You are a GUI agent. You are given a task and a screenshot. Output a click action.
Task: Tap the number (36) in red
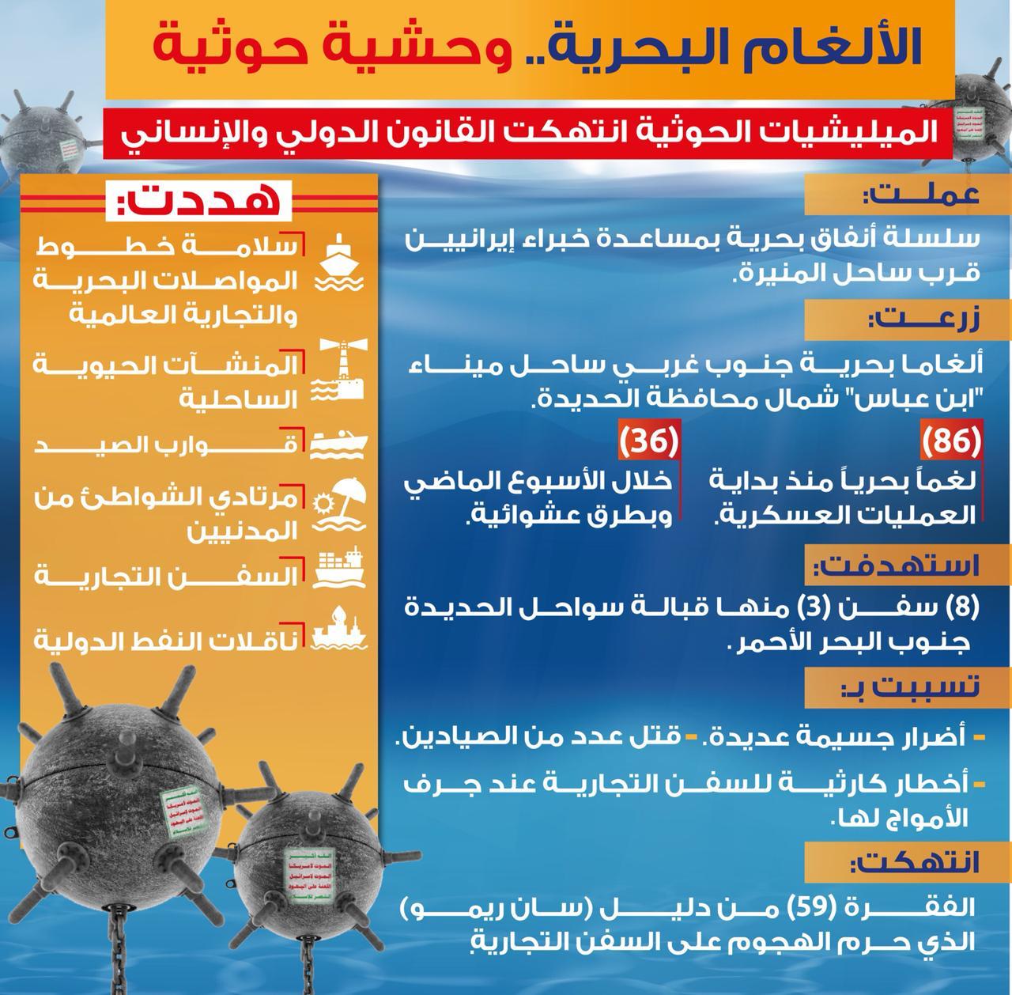(x=650, y=443)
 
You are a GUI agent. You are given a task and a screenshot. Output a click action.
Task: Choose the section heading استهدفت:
(x=897, y=566)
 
